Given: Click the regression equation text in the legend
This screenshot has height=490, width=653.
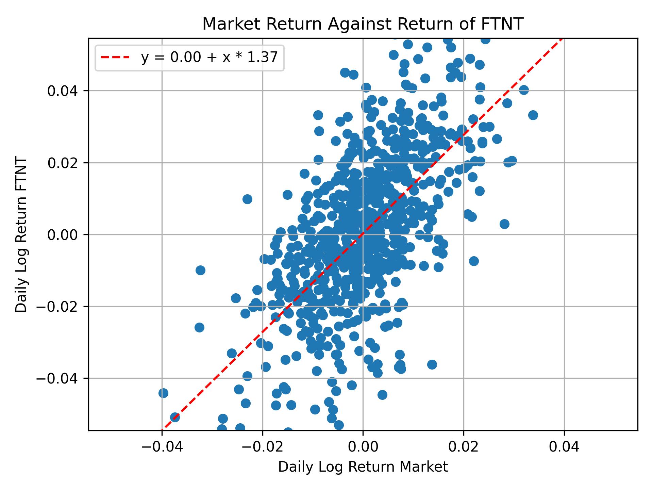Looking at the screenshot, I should pyautogui.click(x=210, y=58).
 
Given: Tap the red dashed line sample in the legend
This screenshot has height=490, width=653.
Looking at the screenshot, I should pyautogui.click(x=115, y=58).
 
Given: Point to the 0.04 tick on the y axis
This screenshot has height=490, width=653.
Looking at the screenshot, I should pyautogui.click(x=61, y=91).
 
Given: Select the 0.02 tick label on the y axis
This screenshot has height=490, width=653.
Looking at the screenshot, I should pyautogui.click(x=61, y=163).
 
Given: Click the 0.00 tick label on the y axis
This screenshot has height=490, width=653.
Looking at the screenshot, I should pyautogui.click(x=61, y=235).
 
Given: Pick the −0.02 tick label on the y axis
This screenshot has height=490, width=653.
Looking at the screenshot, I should pyautogui.click(x=57, y=307).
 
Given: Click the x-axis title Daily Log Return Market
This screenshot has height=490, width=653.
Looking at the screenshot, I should pyautogui.click(x=363, y=467).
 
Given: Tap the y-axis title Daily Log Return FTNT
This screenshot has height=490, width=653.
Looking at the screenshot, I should pyautogui.click(x=21, y=235).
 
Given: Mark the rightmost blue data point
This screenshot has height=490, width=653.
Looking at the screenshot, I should pyautogui.click(x=533, y=115).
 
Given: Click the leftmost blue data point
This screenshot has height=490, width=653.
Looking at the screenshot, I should pyautogui.click(x=163, y=393).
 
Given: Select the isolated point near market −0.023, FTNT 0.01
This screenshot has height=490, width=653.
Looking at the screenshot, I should pyautogui.click(x=247, y=199).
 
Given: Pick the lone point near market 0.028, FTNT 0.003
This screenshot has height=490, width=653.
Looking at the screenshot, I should pyautogui.click(x=504, y=224).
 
